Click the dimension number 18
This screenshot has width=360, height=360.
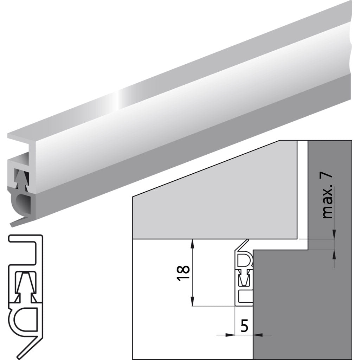(x=184, y=273)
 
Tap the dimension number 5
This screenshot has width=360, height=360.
(x=245, y=326)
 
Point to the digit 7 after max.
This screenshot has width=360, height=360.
(x=327, y=179)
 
